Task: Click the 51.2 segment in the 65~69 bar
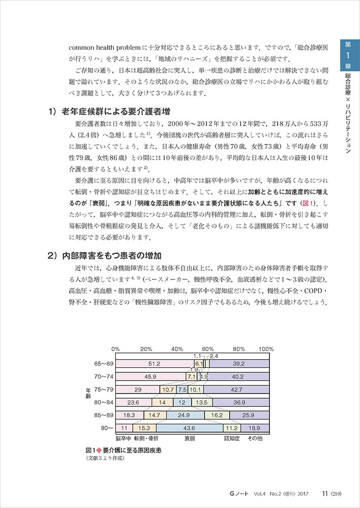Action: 155,364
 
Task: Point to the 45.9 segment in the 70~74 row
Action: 150,376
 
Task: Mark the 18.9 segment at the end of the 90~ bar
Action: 253,428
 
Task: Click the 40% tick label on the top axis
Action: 177,350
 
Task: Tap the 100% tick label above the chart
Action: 266,350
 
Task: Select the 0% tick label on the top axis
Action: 116,350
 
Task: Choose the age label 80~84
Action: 104,402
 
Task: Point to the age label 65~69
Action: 104,364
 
